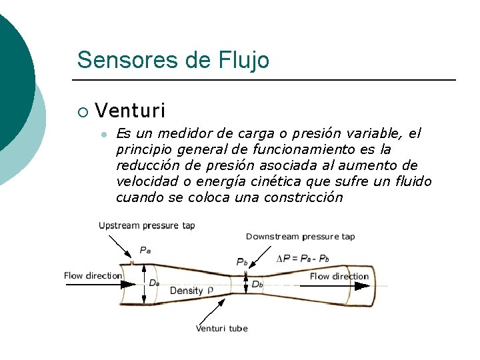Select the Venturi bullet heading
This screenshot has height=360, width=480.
130,110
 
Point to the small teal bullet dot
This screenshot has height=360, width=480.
103,134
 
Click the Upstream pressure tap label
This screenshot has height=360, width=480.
147,225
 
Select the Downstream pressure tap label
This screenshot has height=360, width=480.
300,237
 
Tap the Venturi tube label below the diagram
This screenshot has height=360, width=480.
221,328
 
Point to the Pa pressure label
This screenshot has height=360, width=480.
145,250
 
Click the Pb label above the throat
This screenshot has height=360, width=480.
241,262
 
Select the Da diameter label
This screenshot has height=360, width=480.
154,283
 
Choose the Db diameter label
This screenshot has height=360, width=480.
257,284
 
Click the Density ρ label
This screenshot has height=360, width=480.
191,291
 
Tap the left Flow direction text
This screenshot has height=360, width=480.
93,275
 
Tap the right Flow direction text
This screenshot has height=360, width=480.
339,276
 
